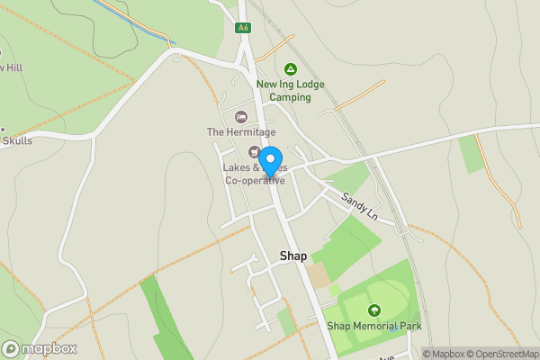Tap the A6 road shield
pos(243,28)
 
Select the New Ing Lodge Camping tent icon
pos(290,69)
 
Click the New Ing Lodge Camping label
pos(290,91)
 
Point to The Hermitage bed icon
pos(240,116)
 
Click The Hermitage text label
pos(239,132)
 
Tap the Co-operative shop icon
pos(254,151)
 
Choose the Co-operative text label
pos(255,180)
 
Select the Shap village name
pos(293,256)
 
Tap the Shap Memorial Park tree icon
pos(373,310)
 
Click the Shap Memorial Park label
pos(373,326)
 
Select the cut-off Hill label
pos(11,67)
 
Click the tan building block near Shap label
pos(318,275)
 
